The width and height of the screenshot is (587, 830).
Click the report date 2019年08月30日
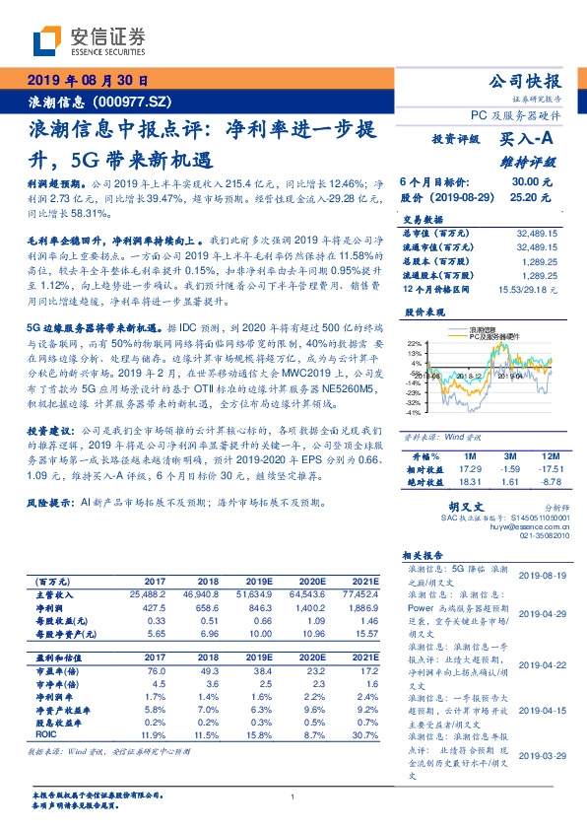click(88, 81)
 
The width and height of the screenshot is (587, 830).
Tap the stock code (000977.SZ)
click(137, 103)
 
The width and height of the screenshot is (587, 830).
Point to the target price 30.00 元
click(532, 182)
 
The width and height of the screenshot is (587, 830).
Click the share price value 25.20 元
click(532, 197)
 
